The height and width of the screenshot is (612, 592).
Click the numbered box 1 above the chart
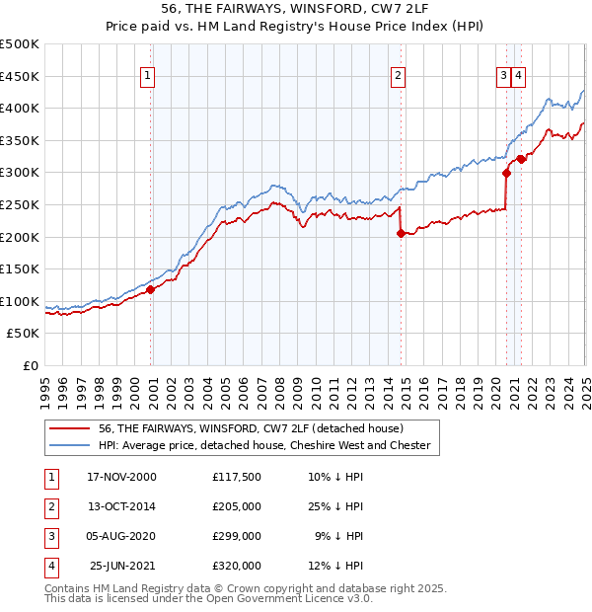pos(147,75)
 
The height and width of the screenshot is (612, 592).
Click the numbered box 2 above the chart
pos(398,75)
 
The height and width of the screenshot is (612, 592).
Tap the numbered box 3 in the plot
pos(503,75)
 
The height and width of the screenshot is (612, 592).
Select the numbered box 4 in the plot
pos(519,75)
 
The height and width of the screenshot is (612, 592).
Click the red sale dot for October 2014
pos(401,233)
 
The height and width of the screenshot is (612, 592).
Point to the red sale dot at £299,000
pos(506,173)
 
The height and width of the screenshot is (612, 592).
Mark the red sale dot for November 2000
pos(151,290)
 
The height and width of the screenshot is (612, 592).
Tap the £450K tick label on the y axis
pos(20,76)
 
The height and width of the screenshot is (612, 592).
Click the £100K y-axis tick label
pos(20,301)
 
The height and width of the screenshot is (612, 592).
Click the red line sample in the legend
pos(68,428)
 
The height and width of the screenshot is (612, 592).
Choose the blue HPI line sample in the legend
pos(68,445)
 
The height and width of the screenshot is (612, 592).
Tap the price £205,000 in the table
pos(236,506)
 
